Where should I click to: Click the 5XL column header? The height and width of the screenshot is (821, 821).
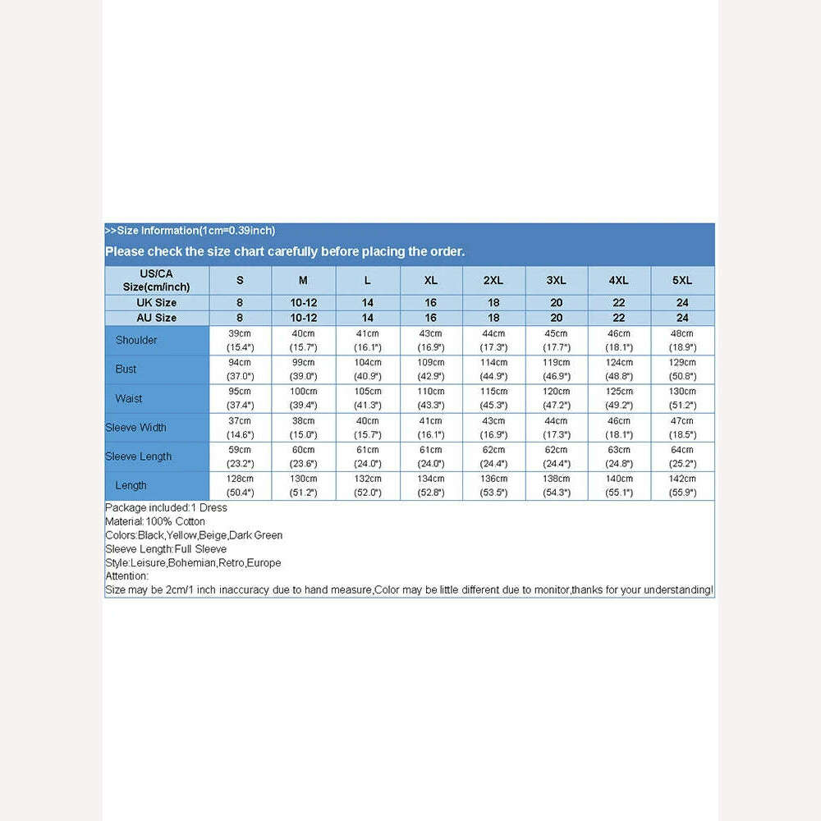pos(682,280)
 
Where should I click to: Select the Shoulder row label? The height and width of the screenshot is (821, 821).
pos(136,340)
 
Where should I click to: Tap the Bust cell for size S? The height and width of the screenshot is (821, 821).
pos(240,369)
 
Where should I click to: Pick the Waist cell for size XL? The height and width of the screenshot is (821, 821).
pos(430,398)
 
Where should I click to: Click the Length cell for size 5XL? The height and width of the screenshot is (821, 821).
pos(682,485)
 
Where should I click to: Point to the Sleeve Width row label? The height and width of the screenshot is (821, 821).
pos(135,427)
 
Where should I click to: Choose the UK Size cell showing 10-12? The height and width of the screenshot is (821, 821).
pos(303,303)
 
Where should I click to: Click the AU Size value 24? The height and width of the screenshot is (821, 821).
pos(682,318)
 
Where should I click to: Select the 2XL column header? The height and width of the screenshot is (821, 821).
pos(493,280)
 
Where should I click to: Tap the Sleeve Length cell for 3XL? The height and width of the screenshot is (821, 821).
pos(556,456)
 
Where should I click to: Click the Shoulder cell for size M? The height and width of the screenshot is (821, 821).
pos(303,340)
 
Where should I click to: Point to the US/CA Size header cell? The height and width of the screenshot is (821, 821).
pos(156,280)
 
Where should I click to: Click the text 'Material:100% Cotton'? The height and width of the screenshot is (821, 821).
pos(155,521)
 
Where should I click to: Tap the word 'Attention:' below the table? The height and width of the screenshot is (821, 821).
pos(127,576)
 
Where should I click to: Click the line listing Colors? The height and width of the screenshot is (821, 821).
pos(194,535)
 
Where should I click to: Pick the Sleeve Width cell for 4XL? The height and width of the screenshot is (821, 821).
pos(619,427)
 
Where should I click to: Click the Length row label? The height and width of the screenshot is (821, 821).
pos(131,485)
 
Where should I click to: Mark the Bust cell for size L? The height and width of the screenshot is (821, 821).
pos(367,369)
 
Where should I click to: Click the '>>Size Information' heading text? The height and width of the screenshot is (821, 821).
pos(190,231)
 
